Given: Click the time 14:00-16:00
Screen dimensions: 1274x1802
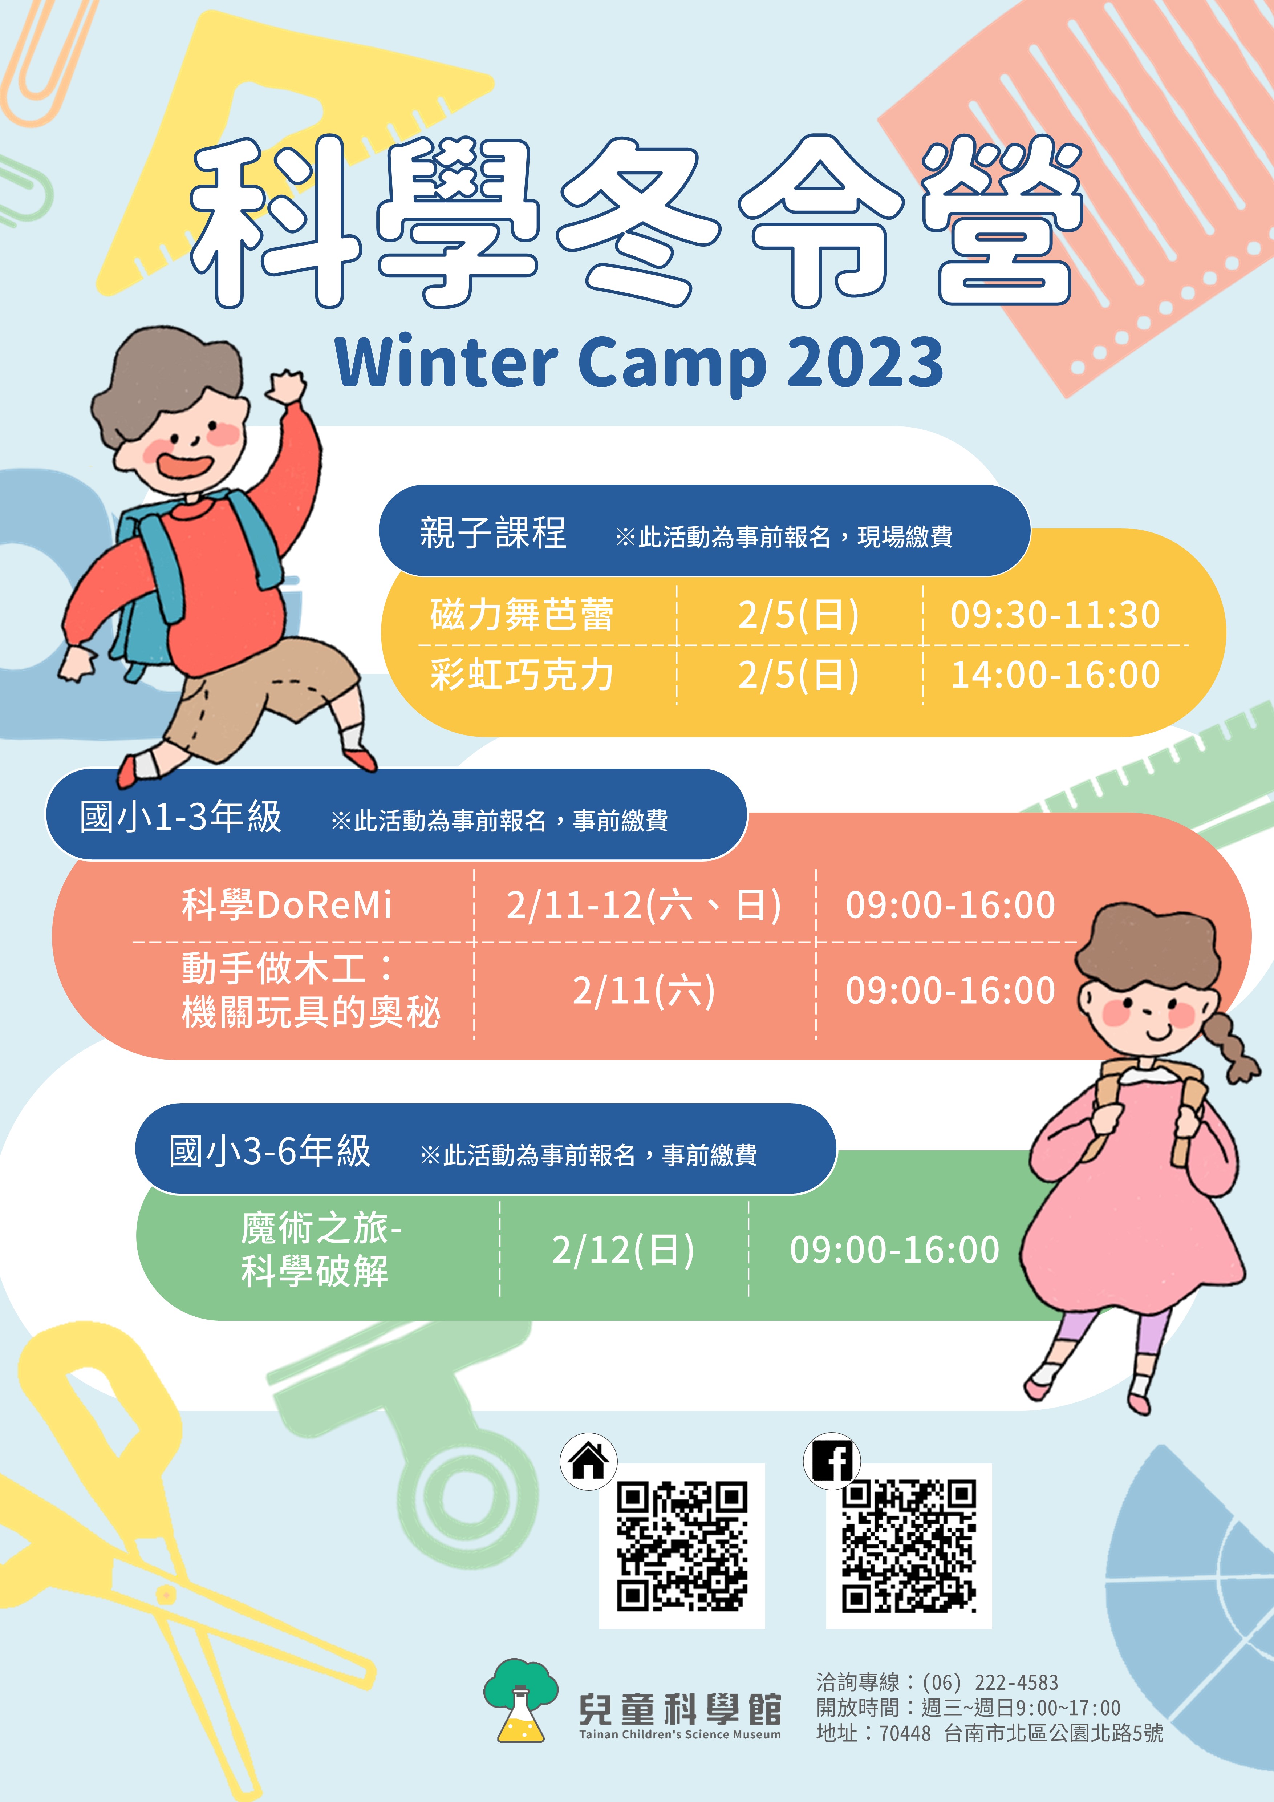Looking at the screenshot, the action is (1055, 675).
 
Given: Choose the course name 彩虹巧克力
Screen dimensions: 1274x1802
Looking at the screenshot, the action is (522, 675).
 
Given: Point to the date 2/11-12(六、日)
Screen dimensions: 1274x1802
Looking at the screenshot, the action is (643, 905).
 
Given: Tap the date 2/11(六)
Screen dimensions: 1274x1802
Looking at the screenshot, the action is (643, 991).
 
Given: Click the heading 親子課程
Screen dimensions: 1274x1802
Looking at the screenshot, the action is (493, 533).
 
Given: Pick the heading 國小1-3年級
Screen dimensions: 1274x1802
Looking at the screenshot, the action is (180, 817).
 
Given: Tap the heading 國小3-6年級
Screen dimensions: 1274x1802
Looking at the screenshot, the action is (270, 1151).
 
